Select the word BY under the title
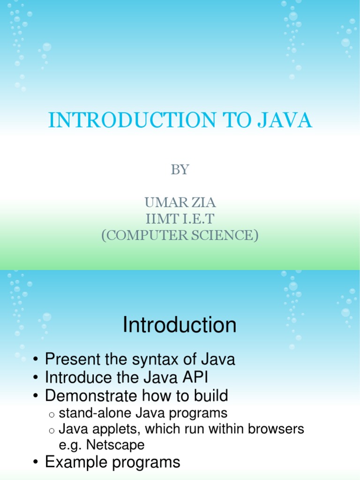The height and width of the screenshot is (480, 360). pyautogui.click(x=180, y=170)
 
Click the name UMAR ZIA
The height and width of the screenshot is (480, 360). pyautogui.click(x=180, y=203)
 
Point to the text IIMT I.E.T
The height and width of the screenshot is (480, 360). pyautogui.click(x=180, y=218)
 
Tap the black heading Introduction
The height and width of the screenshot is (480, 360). pyautogui.click(x=180, y=325)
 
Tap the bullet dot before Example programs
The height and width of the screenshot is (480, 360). pyautogui.click(x=36, y=463)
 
